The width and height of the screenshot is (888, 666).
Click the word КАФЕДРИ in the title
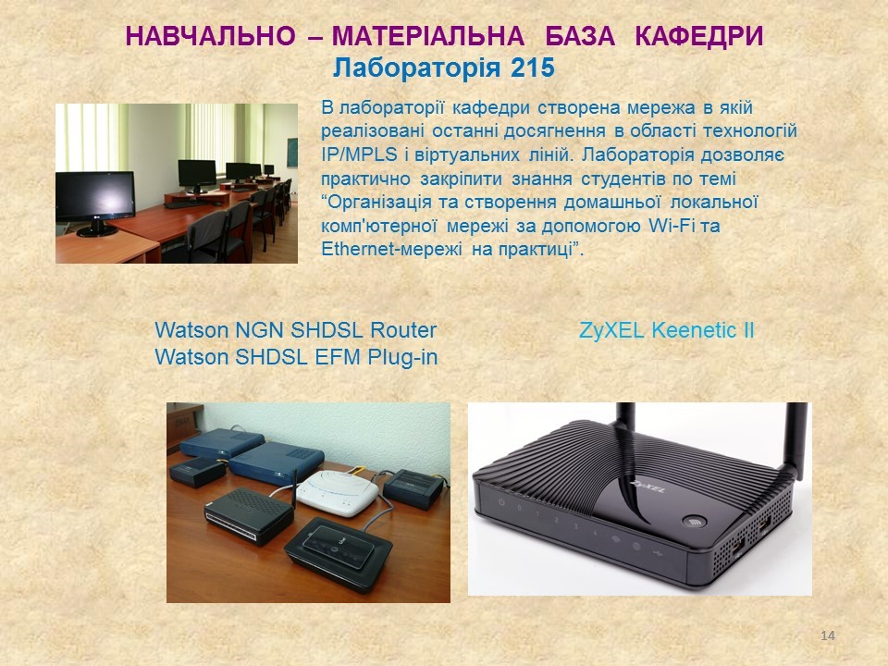[x=699, y=36]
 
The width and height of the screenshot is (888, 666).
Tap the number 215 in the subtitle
[x=533, y=68]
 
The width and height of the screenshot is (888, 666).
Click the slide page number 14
[x=827, y=635]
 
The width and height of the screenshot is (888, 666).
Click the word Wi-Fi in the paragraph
[x=670, y=226]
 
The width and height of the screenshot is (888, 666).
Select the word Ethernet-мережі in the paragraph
[x=391, y=249]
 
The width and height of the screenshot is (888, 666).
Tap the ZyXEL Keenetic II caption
[x=667, y=330]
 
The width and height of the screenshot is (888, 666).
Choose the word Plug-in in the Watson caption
[x=402, y=357]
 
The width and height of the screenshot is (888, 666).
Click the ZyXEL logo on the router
[x=647, y=486]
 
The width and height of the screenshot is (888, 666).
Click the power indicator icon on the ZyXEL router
[x=501, y=502]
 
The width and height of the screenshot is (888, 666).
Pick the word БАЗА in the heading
[x=580, y=36]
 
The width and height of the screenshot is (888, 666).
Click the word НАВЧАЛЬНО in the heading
[x=210, y=36]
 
